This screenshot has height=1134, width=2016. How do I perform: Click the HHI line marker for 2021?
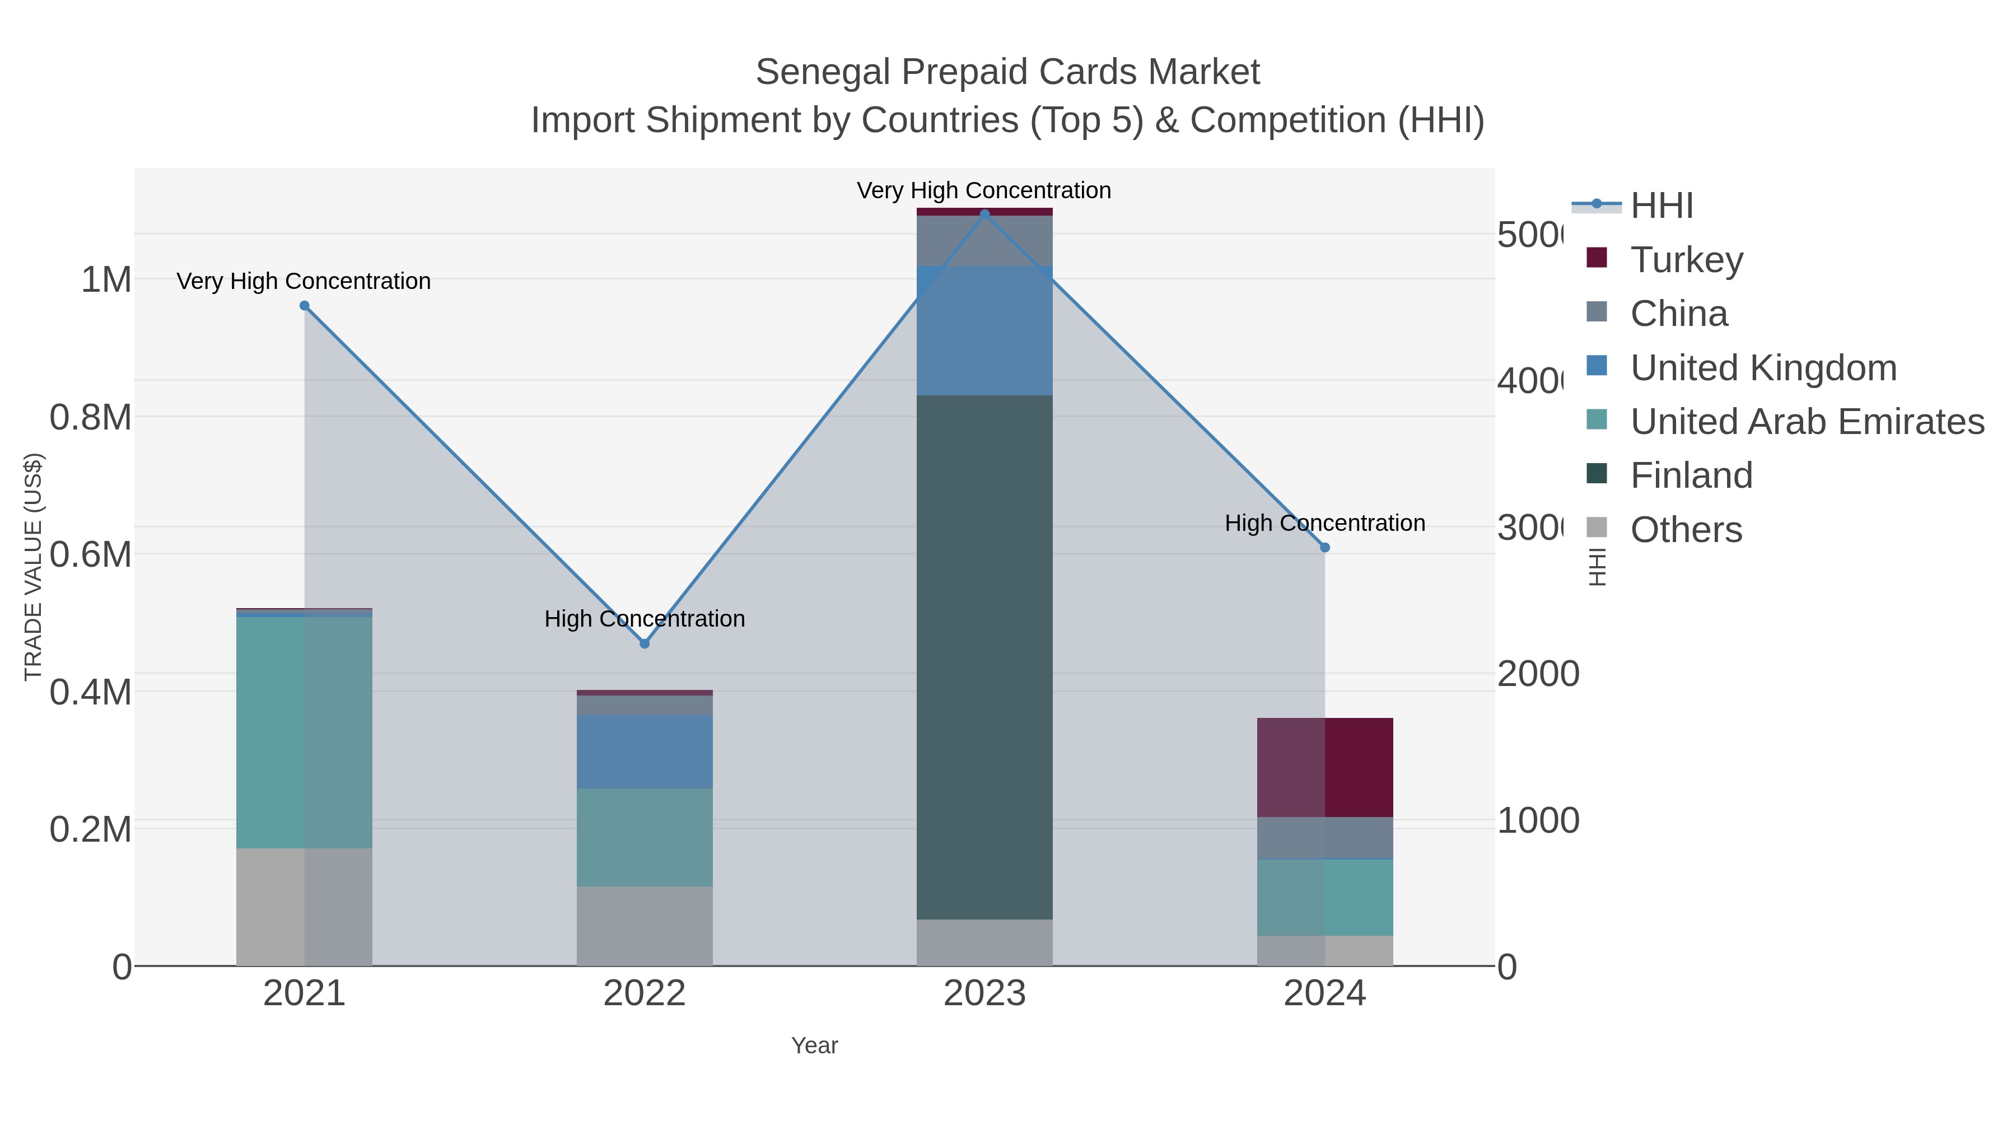pyautogui.click(x=305, y=306)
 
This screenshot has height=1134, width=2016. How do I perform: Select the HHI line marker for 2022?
pyautogui.click(x=644, y=643)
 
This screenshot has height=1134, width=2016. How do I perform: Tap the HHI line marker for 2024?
pyautogui.click(x=1324, y=548)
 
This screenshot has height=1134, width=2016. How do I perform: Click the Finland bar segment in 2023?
pyautogui.click(x=984, y=657)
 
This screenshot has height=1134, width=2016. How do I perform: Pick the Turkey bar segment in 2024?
pyautogui.click(x=1324, y=767)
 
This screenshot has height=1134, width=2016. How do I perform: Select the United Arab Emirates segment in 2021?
pyautogui.click(x=305, y=732)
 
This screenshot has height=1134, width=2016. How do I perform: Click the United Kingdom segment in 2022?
pyautogui.click(x=644, y=752)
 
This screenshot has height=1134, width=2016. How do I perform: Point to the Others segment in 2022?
pyautogui.click(x=644, y=926)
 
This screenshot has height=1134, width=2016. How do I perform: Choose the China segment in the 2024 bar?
pyautogui.click(x=1324, y=837)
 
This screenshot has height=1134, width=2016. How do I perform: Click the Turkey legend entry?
pyautogui.click(x=1687, y=259)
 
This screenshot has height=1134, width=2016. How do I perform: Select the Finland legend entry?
pyautogui.click(x=1691, y=475)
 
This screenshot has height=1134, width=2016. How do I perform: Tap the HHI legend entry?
pyautogui.click(x=1662, y=206)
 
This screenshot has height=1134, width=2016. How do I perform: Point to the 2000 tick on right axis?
pyautogui.click(x=1538, y=674)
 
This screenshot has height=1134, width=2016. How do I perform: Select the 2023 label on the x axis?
pyautogui.click(x=984, y=993)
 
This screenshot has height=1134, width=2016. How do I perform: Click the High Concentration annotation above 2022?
pyautogui.click(x=644, y=619)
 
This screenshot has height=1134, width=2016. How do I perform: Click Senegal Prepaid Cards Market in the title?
pyautogui.click(x=1007, y=72)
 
